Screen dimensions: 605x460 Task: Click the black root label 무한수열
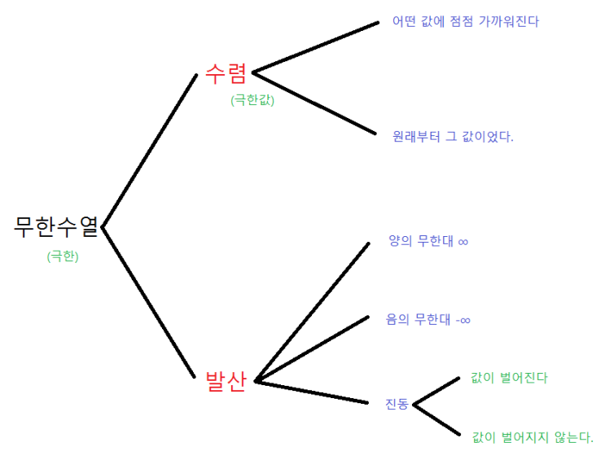pyautogui.click(x=56, y=226)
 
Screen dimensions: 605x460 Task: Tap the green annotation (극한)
pyautogui.click(x=63, y=256)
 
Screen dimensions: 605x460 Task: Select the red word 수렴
pyautogui.click(x=226, y=73)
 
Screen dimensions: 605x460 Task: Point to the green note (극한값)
pyautogui.click(x=252, y=100)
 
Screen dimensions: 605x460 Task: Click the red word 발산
pyautogui.click(x=226, y=381)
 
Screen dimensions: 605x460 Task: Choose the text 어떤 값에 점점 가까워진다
pyautogui.click(x=465, y=21)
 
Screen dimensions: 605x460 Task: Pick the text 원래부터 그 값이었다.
pyautogui.click(x=453, y=136)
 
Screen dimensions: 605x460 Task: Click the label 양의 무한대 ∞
pyautogui.click(x=428, y=241)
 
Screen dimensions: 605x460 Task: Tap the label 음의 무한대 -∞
pyautogui.click(x=428, y=319)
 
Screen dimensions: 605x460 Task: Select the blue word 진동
pyautogui.click(x=397, y=404)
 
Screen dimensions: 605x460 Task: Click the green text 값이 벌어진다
pyautogui.click(x=509, y=378)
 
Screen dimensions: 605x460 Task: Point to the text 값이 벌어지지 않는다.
pyautogui.click(x=533, y=437)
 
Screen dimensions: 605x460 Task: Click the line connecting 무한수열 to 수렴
pyautogui.click(x=150, y=151)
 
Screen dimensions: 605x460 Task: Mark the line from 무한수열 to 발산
pyautogui.click(x=148, y=303)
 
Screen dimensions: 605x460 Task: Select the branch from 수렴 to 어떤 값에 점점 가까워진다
pyautogui.click(x=315, y=47)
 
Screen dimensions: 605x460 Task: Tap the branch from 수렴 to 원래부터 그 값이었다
pyautogui.click(x=314, y=103)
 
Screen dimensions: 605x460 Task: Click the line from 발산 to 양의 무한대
pyautogui.click(x=312, y=313)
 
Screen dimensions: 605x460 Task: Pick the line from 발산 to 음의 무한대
pyautogui.click(x=312, y=349)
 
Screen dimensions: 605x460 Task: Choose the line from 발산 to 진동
pyautogui.click(x=311, y=392)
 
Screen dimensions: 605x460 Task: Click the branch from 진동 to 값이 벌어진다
pyautogui.click(x=436, y=392)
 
